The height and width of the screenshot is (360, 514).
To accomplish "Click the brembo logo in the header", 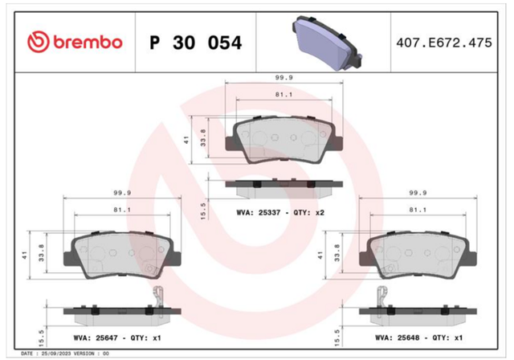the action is tap(75, 43).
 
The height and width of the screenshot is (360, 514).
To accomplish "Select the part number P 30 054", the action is tap(196, 43).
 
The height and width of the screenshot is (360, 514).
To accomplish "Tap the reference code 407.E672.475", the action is tap(444, 43).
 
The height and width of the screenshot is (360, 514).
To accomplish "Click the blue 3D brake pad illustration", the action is tap(327, 43).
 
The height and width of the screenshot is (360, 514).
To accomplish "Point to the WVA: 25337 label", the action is tap(259, 212).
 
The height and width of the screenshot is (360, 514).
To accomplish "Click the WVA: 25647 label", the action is tap(96, 337).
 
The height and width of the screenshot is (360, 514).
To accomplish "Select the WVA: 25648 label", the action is tap(398, 337).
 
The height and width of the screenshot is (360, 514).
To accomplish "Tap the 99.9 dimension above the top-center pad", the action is tap(284, 78).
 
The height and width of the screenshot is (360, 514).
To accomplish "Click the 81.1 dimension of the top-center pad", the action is tap(284, 95).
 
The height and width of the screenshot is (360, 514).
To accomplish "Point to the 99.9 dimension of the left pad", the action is tap(122, 193).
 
